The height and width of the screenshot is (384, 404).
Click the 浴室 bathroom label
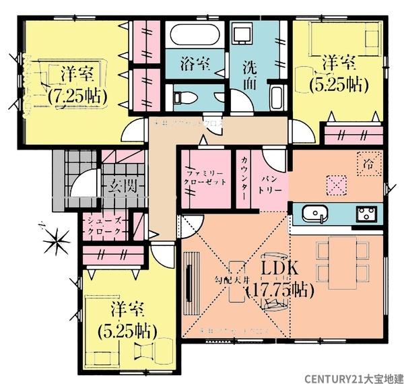point(195,65)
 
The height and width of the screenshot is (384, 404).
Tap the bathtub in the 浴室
point(195,33)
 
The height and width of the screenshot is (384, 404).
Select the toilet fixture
point(187,98)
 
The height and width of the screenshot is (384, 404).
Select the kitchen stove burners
point(368,214)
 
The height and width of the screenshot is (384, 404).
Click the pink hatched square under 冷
point(336,184)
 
